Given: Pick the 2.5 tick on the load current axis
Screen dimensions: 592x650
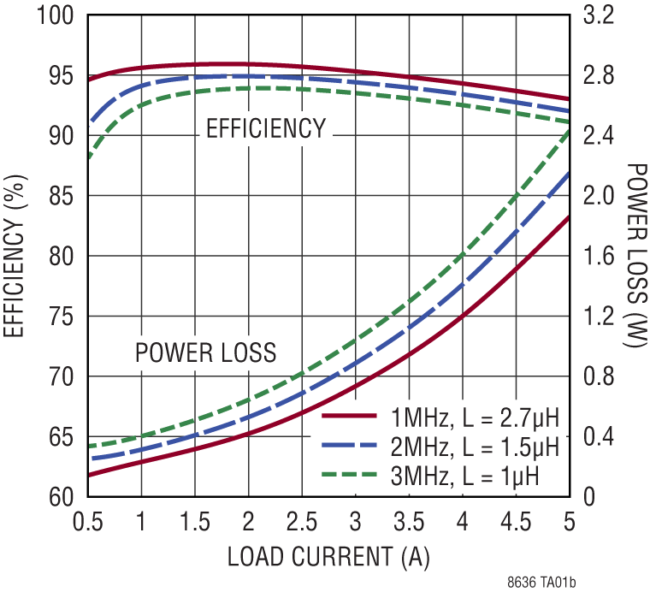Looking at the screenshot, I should tap(302, 521).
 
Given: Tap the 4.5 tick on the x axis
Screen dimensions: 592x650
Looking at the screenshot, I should tap(516, 521).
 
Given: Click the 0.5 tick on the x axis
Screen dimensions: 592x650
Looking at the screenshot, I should tap(89, 521).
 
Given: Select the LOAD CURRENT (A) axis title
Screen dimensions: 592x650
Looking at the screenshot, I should tap(328, 557).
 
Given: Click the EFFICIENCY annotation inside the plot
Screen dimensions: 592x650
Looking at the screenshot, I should tap(266, 129).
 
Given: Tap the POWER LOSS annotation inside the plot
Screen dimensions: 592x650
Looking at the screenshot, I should tap(206, 352).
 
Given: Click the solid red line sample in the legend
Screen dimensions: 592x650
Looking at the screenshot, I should tap(350, 417).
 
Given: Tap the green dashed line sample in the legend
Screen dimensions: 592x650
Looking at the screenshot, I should tap(350, 474).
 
